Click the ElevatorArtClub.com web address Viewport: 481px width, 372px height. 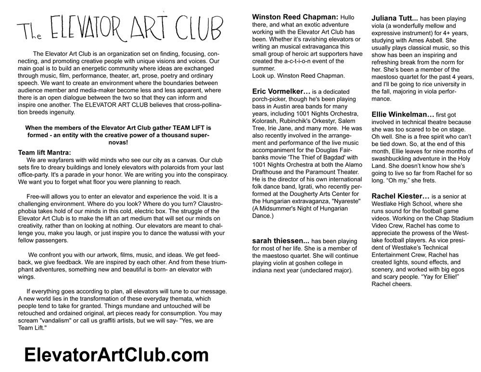pos(116,355)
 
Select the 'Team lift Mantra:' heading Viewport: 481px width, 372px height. pos(45,152)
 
